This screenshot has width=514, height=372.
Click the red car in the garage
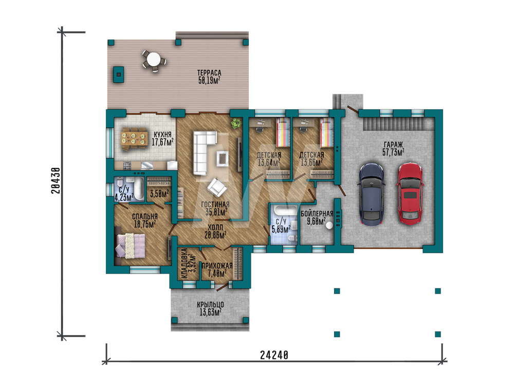[410, 193]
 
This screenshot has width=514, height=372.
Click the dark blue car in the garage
[372, 194]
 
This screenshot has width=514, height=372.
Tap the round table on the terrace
[153, 60]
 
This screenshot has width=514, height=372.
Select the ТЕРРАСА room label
[209, 73]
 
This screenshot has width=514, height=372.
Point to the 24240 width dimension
[274, 355]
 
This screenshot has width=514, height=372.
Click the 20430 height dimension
[56, 180]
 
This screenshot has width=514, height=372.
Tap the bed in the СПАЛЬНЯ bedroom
[131, 245]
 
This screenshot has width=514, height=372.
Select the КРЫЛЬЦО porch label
[210, 305]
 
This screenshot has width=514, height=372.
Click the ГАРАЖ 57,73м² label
[393, 148]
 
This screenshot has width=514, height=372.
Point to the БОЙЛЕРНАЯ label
[317, 214]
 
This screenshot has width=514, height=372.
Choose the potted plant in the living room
[235, 124]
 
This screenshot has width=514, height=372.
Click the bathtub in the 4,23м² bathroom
[139, 189]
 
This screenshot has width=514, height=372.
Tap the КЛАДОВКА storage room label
[185, 263]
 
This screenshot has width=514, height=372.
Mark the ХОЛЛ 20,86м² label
[215, 231]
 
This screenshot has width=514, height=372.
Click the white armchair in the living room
[217, 187]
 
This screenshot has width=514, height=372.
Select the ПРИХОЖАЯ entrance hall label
[217, 266]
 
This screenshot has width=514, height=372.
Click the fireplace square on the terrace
[119, 74]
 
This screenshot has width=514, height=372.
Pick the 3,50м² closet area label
[160, 193]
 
